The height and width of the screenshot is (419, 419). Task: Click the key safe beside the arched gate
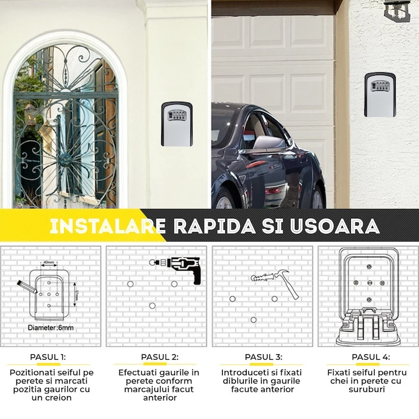[x=176, y=124]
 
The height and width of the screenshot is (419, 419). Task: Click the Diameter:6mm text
[x=51, y=328]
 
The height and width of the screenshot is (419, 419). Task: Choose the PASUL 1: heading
[x=48, y=357]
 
